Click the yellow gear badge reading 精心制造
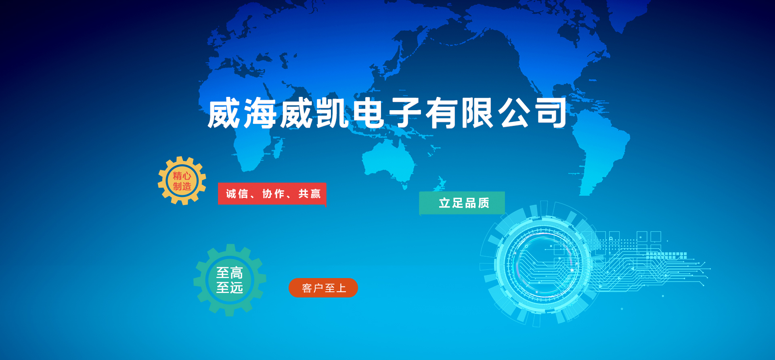point(182,181)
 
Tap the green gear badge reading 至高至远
point(230,280)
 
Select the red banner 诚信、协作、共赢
point(272,194)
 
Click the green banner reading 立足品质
point(462,203)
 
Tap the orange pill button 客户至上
point(323,288)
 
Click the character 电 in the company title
point(369,113)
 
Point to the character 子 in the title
point(405,113)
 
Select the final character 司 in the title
point(551,113)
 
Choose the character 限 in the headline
point(478,113)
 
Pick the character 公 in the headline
point(514,113)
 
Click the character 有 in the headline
point(442,113)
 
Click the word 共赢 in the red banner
point(310,194)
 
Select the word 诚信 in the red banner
point(237,194)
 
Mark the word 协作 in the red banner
point(273,194)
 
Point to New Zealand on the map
point(440,184)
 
